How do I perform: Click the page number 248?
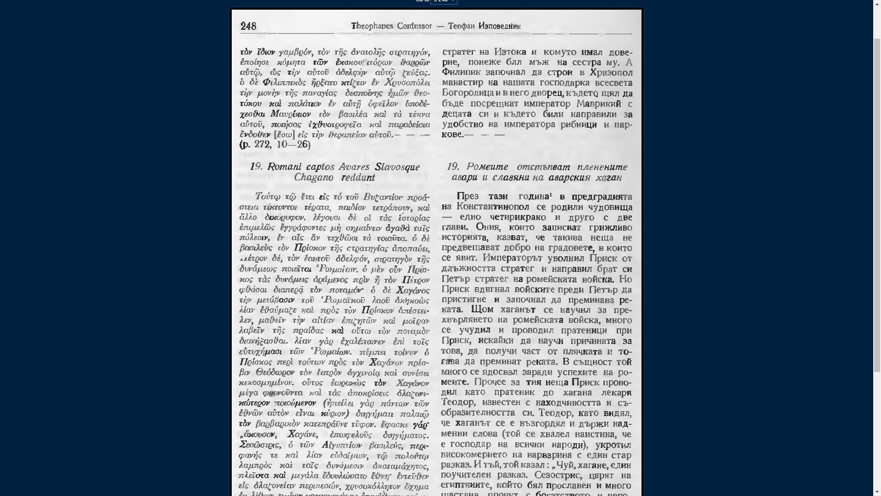click(248, 27)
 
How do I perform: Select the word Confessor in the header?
click(414, 26)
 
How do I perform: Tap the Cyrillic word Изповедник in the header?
click(499, 26)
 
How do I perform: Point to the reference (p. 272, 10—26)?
click(275, 145)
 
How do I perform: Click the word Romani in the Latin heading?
click(284, 167)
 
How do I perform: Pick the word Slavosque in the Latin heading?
click(397, 167)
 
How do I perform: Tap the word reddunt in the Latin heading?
click(358, 177)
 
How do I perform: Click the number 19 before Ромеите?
click(453, 167)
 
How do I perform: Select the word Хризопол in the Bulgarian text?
click(611, 73)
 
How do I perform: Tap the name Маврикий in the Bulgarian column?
click(599, 104)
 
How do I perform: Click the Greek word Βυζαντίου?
click(383, 197)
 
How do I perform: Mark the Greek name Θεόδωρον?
click(275, 372)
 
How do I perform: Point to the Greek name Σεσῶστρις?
click(259, 445)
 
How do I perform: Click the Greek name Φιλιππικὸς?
click(284, 83)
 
